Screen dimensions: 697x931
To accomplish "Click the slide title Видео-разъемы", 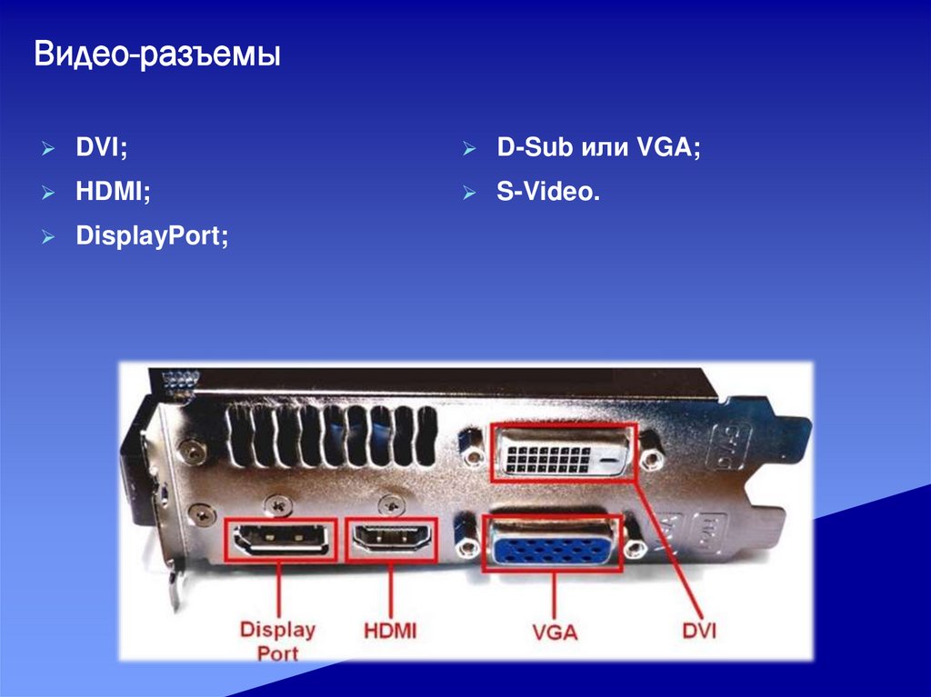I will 157,56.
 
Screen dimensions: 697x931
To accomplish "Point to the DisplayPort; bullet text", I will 152,236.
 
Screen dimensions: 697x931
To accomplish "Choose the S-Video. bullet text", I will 548,192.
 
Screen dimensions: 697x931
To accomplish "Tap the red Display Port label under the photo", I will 277,640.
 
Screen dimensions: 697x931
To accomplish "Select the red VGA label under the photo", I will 555,630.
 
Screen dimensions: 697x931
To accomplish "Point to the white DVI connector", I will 564,452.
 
